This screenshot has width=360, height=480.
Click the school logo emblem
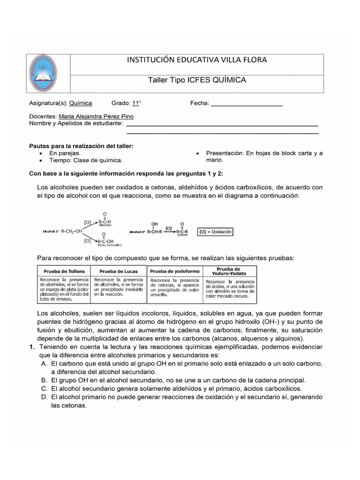click(x=50, y=74)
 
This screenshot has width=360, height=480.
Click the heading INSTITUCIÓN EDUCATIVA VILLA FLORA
click(x=197, y=60)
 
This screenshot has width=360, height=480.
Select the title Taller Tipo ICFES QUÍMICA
click(x=197, y=80)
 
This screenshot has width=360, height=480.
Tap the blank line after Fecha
click(x=247, y=103)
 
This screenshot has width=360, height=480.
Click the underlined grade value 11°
click(x=136, y=103)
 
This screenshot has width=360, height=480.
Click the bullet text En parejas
click(x=65, y=153)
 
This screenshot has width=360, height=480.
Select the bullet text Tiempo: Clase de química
click(x=86, y=160)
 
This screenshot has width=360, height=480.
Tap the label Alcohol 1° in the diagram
click(x=50, y=232)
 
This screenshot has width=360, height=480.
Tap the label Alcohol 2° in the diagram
click(x=137, y=232)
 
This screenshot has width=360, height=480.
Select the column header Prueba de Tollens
click(x=64, y=271)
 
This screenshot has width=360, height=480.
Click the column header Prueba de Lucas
click(x=119, y=271)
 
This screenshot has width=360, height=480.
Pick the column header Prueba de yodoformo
click(x=175, y=271)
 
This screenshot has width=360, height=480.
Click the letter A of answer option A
click(x=44, y=364)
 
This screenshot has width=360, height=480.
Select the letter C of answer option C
click(x=44, y=389)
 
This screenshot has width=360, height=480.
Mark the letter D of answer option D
click(x=44, y=397)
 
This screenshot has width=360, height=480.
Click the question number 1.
click(x=31, y=347)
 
